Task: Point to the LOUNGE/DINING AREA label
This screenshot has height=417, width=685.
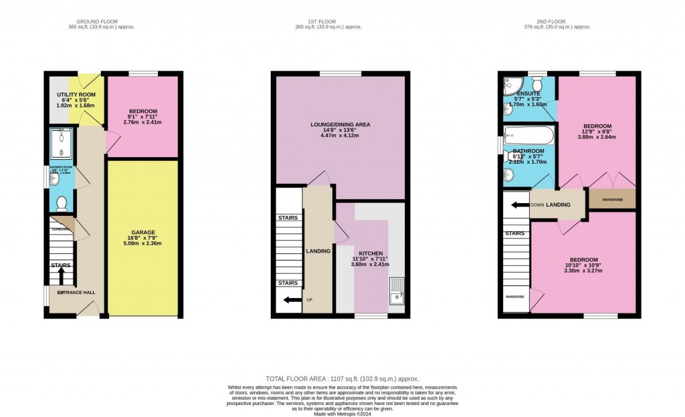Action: pyautogui.click(x=340, y=124)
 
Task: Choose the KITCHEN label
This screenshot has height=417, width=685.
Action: pyautogui.click(x=371, y=254)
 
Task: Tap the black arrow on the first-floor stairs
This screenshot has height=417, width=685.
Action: pyautogui.click(x=291, y=300)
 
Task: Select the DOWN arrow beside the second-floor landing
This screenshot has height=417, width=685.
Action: pyautogui.click(x=519, y=204)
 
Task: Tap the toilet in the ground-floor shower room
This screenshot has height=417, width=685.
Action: pyautogui.click(x=62, y=202)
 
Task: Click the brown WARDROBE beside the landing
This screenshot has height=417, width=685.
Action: pyautogui.click(x=611, y=199)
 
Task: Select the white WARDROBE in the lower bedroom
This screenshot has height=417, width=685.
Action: pyautogui.click(x=514, y=295)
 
